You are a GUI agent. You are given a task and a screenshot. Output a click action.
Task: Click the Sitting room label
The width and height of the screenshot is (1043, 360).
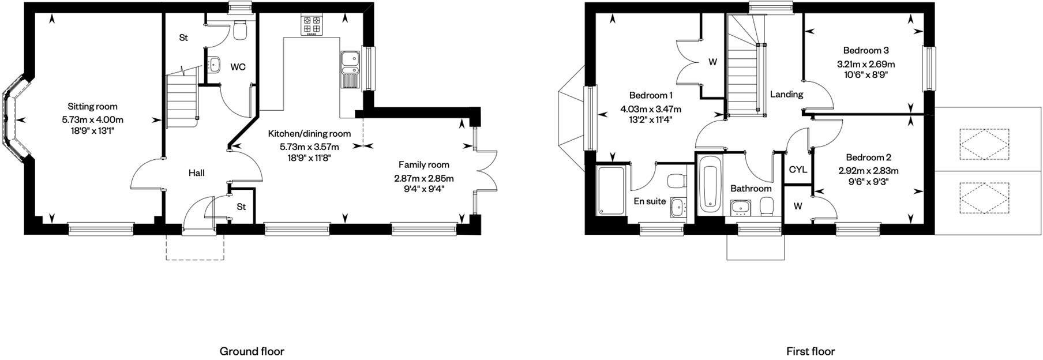(92, 106)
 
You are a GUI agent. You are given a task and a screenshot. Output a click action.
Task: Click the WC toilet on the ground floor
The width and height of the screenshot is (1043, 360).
(241, 31)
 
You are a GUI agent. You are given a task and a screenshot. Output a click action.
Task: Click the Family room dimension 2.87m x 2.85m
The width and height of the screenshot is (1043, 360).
(423, 178)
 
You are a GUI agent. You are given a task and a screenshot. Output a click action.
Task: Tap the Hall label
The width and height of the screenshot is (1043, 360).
(197, 172)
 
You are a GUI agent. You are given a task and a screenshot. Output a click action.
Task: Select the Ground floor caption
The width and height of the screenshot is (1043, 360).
(252, 351)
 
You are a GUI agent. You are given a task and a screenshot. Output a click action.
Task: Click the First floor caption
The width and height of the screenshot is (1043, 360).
(810, 351)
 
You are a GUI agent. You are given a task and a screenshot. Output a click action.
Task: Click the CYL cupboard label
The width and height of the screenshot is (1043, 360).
(798, 170)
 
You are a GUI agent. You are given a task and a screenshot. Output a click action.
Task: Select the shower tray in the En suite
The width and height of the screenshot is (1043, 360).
(611, 190)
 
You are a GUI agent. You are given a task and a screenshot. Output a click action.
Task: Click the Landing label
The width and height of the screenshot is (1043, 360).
(786, 94)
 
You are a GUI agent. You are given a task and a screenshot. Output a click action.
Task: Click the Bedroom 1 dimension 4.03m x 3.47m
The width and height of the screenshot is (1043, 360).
(650, 108)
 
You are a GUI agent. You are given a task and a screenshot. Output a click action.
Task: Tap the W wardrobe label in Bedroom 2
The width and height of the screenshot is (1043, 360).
(797, 206)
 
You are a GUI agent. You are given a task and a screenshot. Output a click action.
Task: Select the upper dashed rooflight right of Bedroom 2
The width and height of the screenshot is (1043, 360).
(984, 144)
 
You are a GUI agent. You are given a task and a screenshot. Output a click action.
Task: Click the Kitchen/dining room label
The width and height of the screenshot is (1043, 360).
(309, 134)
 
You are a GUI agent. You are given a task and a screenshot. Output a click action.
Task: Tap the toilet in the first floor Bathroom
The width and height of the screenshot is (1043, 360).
(767, 207)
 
